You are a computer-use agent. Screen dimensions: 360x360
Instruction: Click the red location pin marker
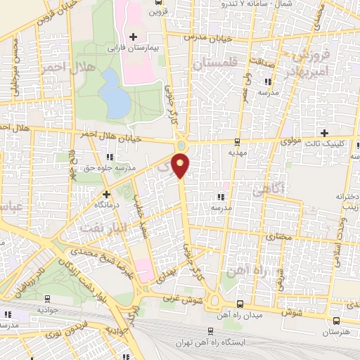181,165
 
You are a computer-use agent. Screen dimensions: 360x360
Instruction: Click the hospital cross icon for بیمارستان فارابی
132,36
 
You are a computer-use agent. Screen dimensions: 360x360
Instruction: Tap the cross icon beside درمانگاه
105,193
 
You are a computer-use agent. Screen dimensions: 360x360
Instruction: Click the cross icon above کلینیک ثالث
324,133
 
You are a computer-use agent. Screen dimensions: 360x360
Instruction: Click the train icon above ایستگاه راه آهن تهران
209,330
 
